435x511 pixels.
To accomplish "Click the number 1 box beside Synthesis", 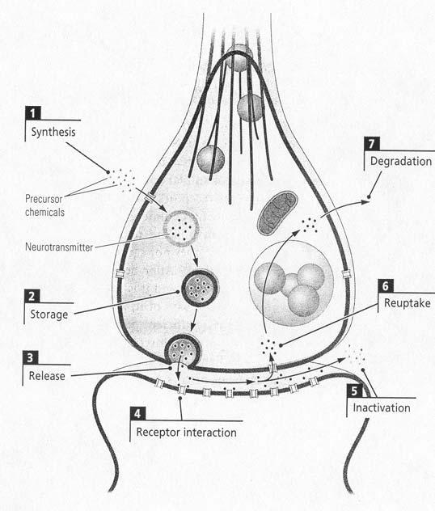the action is (x=33, y=113).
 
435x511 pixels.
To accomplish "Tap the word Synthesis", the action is (x=53, y=132).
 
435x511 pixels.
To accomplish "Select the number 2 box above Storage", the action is (x=32, y=296).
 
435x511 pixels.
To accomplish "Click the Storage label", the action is (x=49, y=315).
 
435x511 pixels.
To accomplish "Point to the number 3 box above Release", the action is (x=30, y=357).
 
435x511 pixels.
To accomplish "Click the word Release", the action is (x=47, y=376).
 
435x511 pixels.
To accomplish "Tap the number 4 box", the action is (x=137, y=413).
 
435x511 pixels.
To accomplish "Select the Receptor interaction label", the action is (x=187, y=433).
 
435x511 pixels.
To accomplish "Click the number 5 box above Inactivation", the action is (x=354, y=391).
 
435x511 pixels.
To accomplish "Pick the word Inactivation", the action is (x=382, y=408).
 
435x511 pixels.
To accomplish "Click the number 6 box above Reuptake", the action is (x=386, y=285).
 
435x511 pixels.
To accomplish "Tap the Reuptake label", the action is (x=408, y=303).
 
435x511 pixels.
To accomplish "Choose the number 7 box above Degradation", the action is (x=372, y=143).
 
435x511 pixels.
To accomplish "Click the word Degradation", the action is (x=401, y=162).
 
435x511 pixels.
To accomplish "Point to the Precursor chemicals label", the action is (x=44, y=205).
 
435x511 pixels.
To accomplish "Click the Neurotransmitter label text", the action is (x=59, y=247).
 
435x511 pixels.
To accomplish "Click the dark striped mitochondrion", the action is (x=277, y=213).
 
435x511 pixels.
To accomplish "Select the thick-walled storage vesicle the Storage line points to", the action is (x=200, y=288).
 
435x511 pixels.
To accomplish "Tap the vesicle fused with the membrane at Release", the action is (x=183, y=351).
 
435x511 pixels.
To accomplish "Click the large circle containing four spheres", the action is (x=291, y=283).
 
